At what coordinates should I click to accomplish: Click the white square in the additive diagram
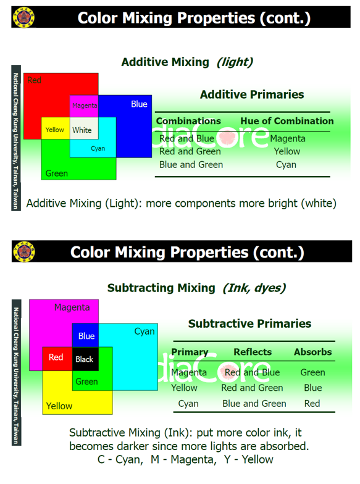(x=84, y=128)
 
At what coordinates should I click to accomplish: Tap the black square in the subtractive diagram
(x=85, y=359)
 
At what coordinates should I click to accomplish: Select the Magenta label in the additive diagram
(x=85, y=106)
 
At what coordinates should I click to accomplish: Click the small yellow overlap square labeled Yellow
(x=56, y=128)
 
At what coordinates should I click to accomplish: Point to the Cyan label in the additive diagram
(x=98, y=148)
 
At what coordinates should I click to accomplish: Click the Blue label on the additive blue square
(x=139, y=104)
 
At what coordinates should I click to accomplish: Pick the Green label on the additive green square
(x=57, y=173)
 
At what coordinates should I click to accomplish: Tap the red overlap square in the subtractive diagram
(x=57, y=359)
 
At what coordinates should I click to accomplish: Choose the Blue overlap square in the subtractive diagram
(x=85, y=335)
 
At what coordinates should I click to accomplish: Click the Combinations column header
(x=188, y=121)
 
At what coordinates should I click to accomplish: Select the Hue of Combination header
(x=287, y=121)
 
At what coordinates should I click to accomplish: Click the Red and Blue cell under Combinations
(x=186, y=138)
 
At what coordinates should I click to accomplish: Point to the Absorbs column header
(x=312, y=352)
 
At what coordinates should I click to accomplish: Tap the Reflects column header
(x=253, y=352)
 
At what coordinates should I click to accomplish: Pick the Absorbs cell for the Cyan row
(x=312, y=404)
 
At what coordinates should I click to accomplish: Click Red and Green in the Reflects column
(x=252, y=388)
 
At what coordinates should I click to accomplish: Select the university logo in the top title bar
(x=23, y=17)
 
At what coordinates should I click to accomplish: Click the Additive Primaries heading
(x=252, y=94)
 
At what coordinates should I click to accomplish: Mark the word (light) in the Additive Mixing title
(x=235, y=62)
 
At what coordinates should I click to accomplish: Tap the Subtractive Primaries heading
(x=249, y=323)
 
